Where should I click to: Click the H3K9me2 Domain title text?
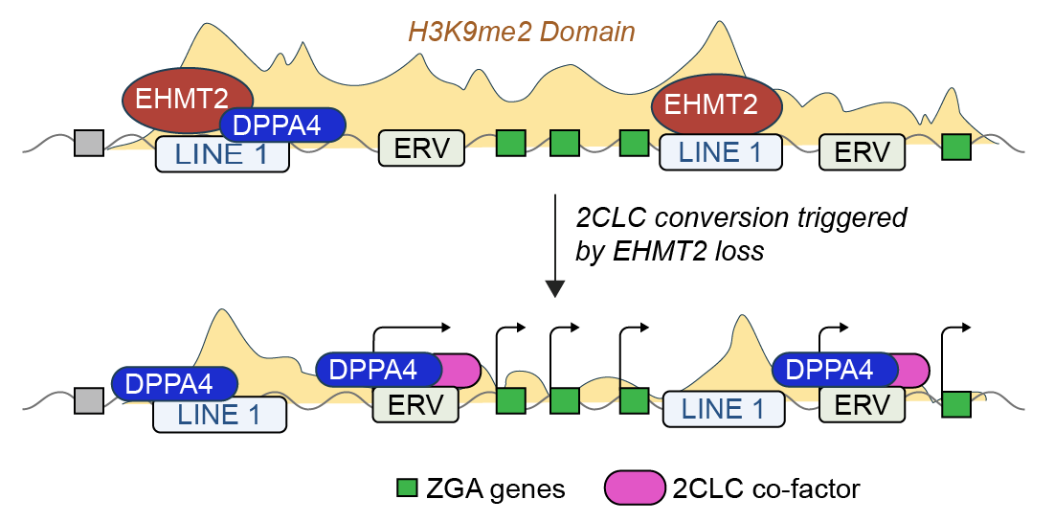[522, 32]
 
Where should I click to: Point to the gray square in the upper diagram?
[89, 144]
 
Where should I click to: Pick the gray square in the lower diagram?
[89, 399]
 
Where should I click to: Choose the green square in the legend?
[407, 488]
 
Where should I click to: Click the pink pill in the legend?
[635, 488]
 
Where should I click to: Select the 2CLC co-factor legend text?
[767, 489]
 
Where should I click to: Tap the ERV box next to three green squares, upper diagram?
[421, 148]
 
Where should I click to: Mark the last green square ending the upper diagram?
[955, 148]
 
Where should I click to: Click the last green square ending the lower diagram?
[956, 403]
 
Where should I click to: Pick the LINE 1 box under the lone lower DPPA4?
[220, 415]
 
